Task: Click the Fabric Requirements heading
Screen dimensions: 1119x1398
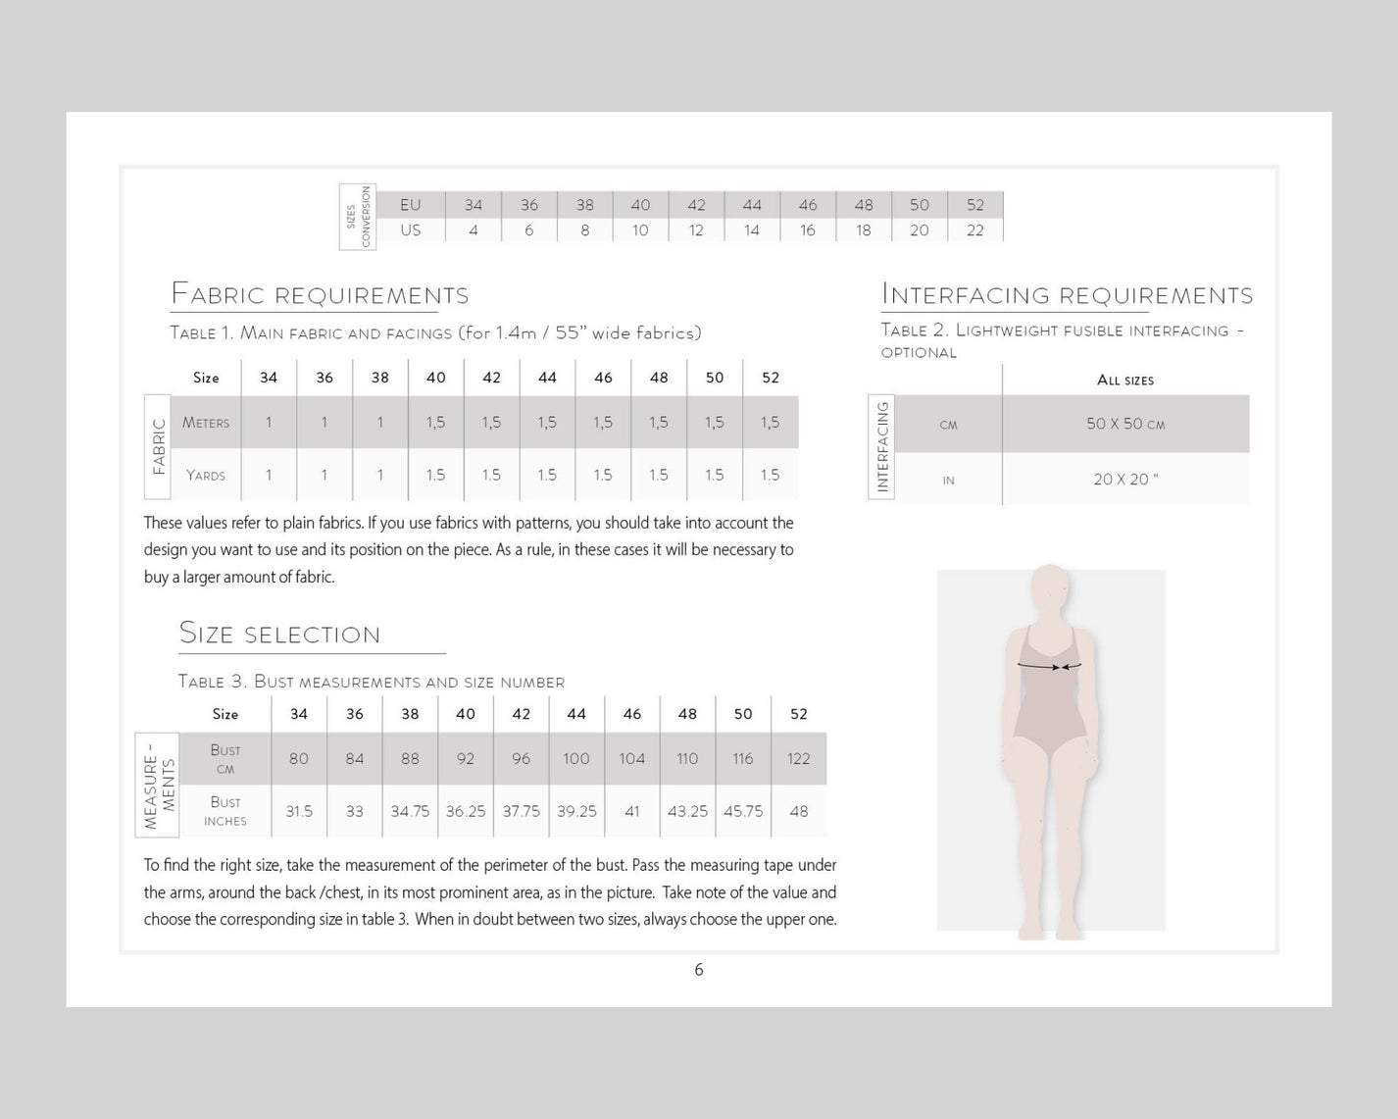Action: click(320, 294)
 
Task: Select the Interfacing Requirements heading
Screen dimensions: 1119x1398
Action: click(1067, 294)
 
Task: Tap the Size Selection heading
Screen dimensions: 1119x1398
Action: click(280, 634)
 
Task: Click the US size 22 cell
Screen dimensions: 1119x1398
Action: click(974, 230)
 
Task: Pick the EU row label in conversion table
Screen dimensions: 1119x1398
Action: click(410, 205)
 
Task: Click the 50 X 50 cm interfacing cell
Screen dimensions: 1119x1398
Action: click(1124, 424)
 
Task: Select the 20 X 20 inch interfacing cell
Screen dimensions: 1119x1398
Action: click(1124, 480)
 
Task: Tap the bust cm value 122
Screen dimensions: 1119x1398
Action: click(798, 758)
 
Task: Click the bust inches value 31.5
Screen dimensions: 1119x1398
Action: click(299, 811)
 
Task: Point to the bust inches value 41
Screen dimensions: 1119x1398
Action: click(632, 811)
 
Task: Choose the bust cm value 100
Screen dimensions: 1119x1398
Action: click(576, 758)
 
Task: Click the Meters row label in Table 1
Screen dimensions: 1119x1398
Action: click(206, 423)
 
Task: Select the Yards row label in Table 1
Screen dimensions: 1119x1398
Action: click(206, 476)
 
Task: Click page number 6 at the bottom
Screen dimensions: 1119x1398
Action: click(699, 970)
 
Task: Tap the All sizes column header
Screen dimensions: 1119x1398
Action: click(1124, 381)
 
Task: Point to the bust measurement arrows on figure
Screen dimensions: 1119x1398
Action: click(1049, 666)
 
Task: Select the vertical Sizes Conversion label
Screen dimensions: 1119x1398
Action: click(358, 217)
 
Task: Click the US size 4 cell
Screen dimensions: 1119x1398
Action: click(474, 230)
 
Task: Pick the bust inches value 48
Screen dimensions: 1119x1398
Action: click(798, 811)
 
